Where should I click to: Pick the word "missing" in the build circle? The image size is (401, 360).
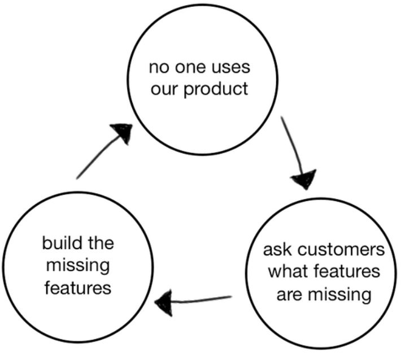(x=77, y=265)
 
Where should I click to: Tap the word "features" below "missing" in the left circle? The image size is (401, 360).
(x=77, y=287)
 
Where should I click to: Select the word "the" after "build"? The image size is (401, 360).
(x=100, y=244)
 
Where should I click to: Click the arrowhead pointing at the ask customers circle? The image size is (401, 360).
(x=303, y=180)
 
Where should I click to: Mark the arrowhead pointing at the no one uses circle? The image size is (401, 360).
(x=123, y=133)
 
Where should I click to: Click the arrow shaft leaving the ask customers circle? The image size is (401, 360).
(x=203, y=299)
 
